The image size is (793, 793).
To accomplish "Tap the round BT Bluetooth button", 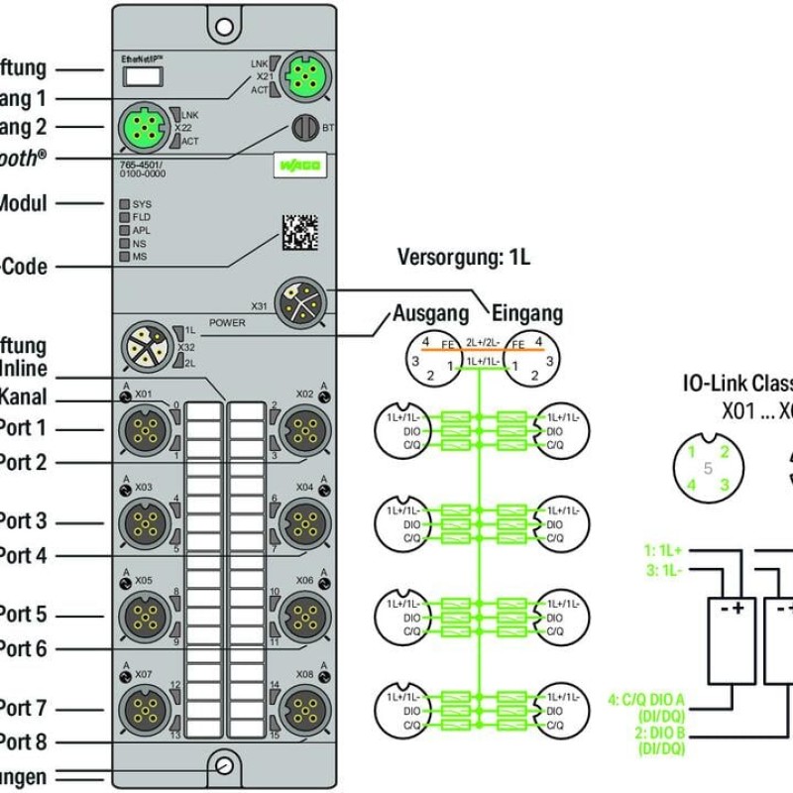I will pos(300,127).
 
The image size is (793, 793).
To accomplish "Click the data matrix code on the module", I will pos(300,232).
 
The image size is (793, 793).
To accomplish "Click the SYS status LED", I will pos(125,203).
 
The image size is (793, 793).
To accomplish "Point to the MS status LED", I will pos(125,256).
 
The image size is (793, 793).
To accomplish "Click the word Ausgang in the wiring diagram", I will pos(430,314).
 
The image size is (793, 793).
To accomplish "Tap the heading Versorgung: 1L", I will pos(464,258).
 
